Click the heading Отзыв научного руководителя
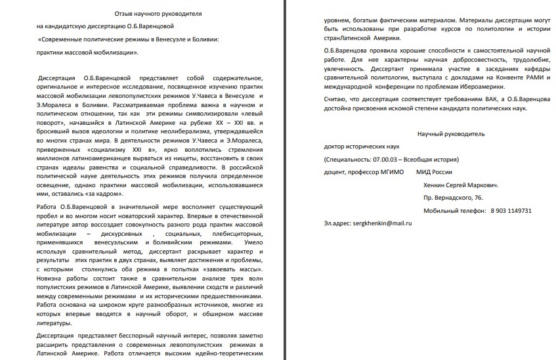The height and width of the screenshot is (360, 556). coord(150,14)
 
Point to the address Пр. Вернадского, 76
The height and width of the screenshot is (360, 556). coord(453,198)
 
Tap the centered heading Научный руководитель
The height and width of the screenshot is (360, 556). coord(450,133)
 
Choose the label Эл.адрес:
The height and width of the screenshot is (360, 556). coord(339,223)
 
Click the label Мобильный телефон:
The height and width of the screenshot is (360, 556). coord(452,210)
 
